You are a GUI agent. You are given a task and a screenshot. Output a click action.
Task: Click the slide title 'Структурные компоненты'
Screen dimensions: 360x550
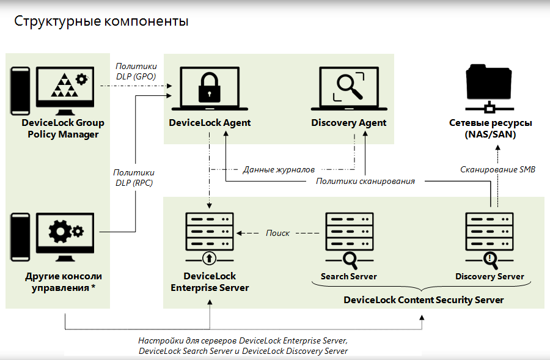(x=101, y=22)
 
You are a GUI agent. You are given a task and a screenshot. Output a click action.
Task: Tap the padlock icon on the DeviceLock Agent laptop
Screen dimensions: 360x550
(x=209, y=87)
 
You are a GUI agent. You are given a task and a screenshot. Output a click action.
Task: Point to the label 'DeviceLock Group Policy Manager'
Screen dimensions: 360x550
(x=63, y=128)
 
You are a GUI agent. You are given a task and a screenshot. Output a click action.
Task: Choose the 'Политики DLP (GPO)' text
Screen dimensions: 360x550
(x=136, y=72)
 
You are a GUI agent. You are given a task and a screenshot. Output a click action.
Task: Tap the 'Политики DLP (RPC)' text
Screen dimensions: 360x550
(x=134, y=178)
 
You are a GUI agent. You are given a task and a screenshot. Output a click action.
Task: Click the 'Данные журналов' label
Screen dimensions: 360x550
(x=279, y=169)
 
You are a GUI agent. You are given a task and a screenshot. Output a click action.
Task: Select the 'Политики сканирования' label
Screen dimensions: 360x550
(x=365, y=182)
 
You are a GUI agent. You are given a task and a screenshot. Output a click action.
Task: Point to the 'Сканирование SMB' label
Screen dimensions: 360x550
(x=497, y=169)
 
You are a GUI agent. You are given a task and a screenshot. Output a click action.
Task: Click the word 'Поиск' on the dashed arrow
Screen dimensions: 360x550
(x=278, y=233)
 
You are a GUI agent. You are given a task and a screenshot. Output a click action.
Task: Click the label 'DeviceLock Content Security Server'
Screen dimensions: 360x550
(x=424, y=299)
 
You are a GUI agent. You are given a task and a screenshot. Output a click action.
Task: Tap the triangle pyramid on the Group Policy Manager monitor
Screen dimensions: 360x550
(x=64, y=85)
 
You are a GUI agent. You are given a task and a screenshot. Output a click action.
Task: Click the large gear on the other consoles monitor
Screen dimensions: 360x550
(x=60, y=231)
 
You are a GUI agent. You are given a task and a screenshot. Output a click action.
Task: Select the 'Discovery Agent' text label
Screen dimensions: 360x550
(x=348, y=123)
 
